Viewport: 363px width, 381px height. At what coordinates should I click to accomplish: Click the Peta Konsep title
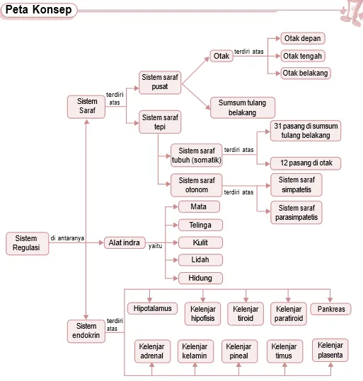click(x=38, y=10)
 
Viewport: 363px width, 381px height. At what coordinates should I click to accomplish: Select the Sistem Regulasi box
click(x=28, y=243)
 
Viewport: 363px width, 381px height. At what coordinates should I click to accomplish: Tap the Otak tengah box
click(x=303, y=56)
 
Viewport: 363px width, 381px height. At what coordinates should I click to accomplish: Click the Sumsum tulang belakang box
click(x=243, y=107)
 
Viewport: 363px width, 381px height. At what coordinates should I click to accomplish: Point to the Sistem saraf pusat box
click(x=160, y=82)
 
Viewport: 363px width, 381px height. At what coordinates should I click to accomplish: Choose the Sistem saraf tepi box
click(x=160, y=122)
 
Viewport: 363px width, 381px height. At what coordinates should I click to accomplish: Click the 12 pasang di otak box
click(x=306, y=163)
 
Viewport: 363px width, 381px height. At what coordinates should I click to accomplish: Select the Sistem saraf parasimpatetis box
click(x=296, y=212)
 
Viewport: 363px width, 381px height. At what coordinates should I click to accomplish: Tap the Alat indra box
click(x=125, y=242)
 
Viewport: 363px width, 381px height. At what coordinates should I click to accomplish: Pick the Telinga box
click(x=200, y=225)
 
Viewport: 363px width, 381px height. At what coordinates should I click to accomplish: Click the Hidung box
click(x=200, y=278)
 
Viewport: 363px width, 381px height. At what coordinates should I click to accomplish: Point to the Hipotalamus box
click(x=153, y=309)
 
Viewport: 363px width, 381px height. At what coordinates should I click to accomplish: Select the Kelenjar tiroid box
click(x=246, y=314)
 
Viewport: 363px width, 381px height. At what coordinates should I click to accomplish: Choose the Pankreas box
click(x=331, y=309)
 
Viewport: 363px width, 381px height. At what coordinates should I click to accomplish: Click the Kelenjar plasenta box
click(x=330, y=350)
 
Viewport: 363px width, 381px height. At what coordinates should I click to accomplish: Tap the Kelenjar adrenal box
click(x=153, y=351)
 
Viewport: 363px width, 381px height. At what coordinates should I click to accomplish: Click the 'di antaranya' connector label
click(x=67, y=238)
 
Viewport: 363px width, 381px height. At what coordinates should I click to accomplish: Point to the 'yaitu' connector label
click(x=156, y=246)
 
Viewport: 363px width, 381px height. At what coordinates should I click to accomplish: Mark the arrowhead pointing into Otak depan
click(x=278, y=38)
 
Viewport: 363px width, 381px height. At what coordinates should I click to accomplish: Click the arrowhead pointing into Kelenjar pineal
click(x=238, y=365)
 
